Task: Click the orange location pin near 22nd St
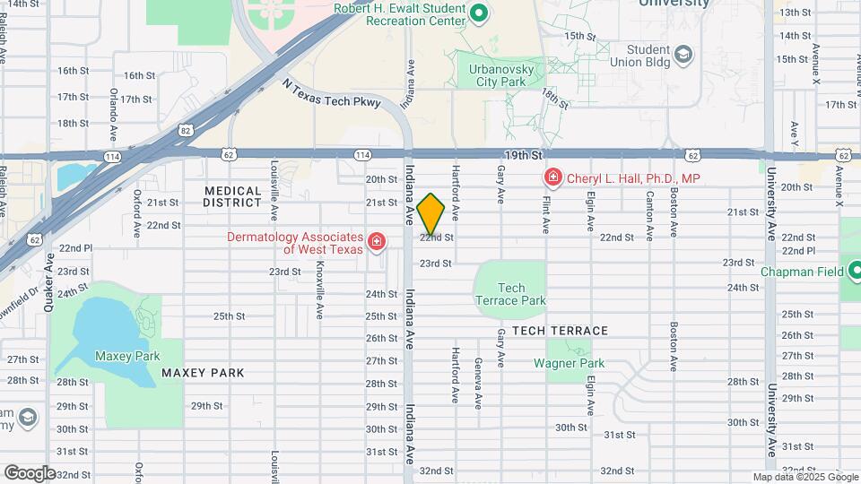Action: coord(430,213)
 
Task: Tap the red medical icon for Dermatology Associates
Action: coord(377,242)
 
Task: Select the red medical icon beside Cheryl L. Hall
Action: coord(552,178)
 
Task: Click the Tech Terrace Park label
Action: coord(510,295)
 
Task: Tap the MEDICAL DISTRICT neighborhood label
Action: coord(232,197)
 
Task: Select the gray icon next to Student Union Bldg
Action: coord(684,56)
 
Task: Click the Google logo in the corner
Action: coord(30,472)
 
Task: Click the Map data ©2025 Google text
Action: coord(804,477)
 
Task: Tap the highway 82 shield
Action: coord(185,130)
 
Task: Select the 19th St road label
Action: coord(524,155)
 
